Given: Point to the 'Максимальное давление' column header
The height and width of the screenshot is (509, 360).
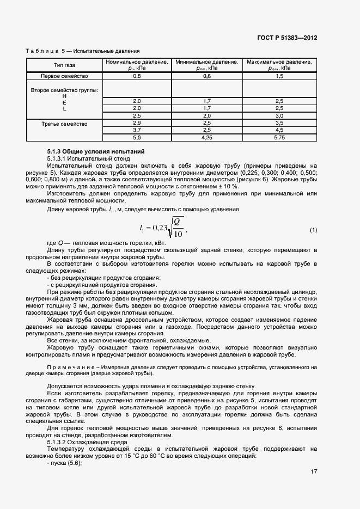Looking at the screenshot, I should coord(279,65).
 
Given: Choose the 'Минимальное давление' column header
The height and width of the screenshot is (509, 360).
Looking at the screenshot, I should coord(206,65).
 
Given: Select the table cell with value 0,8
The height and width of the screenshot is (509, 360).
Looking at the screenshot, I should coord(136,76).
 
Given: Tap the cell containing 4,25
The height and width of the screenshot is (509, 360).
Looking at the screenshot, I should coord(206,138).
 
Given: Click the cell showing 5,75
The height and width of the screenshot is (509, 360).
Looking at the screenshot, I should coord(279,138).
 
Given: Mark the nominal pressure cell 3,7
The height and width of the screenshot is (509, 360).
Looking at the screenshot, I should coord(136,131).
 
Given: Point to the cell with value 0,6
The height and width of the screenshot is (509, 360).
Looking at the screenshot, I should coord(206,76).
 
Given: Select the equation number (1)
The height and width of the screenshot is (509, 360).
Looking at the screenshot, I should coord(313,230).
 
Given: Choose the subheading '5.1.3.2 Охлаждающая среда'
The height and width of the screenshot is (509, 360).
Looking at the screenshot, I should coord(83,442).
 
